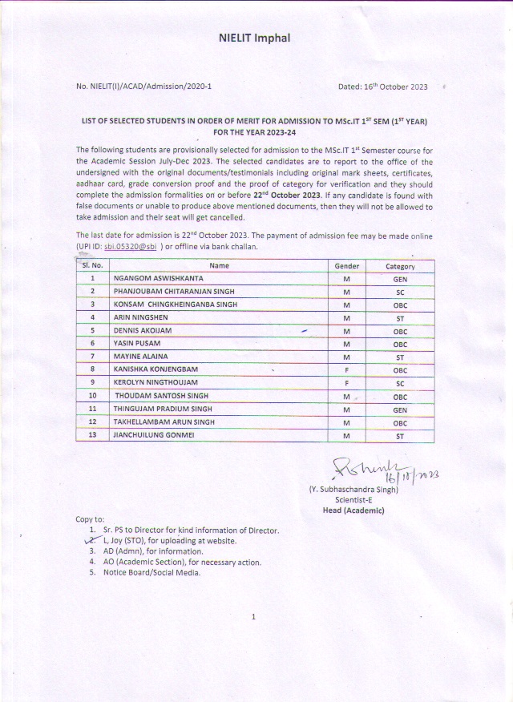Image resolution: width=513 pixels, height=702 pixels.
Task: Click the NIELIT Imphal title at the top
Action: (x=254, y=38)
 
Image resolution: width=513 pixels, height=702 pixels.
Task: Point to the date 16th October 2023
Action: (x=383, y=86)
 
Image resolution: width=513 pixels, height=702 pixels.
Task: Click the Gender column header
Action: (x=347, y=266)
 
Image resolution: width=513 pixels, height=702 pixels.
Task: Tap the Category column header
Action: (x=400, y=266)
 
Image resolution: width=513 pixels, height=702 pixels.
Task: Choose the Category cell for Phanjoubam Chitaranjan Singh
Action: (x=400, y=292)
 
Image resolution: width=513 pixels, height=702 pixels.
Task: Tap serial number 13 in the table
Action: (x=93, y=435)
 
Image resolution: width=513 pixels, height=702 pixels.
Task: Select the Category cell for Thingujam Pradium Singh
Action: (x=400, y=409)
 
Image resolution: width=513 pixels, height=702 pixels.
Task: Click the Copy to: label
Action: (x=90, y=520)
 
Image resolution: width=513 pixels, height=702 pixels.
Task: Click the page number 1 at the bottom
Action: (x=253, y=616)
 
